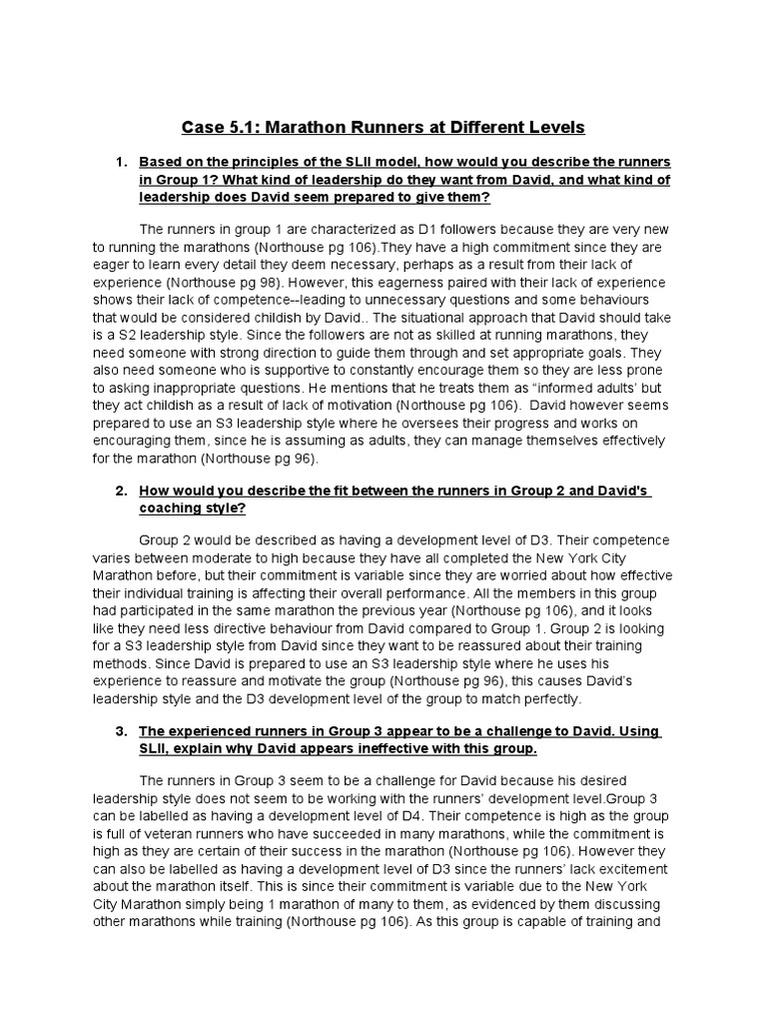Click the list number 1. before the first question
tap(121, 161)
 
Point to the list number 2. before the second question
tap(121, 491)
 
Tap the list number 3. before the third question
tap(121, 731)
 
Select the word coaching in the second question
tap(171, 508)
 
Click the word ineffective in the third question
tap(384, 748)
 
